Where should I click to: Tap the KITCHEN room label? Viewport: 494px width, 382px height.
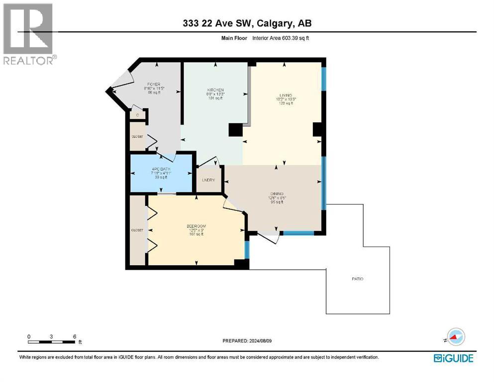[x=215, y=90]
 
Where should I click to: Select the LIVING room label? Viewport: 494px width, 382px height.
[x=285, y=95]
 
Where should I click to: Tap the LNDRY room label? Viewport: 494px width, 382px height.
[x=208, y=180]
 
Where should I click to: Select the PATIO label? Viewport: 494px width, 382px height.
[x=357, y=279]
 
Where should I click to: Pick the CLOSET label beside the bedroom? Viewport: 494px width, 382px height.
[x=137, y=230]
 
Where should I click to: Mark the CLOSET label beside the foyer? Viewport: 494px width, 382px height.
[x=137, y=136]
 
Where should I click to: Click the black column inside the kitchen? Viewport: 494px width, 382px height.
[x=235, y=130]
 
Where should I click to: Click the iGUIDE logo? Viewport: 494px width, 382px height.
[x=453, y=358]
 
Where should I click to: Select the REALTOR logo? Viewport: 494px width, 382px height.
[x=29, y=34]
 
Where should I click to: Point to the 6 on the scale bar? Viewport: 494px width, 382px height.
[x=75, y=336]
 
